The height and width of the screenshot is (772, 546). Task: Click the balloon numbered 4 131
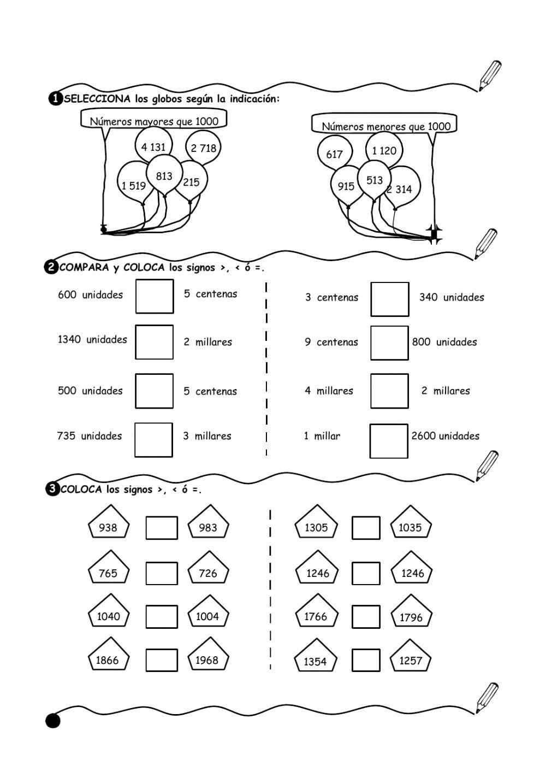pos(153,146)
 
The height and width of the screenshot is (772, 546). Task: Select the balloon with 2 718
pos(203,148)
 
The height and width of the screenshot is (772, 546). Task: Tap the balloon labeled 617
pos(334,154)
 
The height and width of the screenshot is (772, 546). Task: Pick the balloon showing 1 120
pos(384,150)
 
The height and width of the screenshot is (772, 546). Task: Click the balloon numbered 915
pos(346,186)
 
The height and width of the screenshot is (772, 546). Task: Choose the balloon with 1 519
pos(133,185)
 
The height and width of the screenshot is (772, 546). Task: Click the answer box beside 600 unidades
pos(155,296)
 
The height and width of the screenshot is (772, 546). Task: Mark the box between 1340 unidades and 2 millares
pos(155,342)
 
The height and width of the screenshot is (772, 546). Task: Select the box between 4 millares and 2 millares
pos(389,391)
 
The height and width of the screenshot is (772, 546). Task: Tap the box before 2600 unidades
pos(389,441)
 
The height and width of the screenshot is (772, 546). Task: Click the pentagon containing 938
pos(108,526)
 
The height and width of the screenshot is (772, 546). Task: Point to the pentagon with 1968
pos(207,658)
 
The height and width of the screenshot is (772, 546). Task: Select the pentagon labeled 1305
pos(316,526)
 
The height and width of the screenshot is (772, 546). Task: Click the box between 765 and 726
pos(162,574)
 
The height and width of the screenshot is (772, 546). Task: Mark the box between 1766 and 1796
pos(366,617)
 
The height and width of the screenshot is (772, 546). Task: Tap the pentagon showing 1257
pos(411,659)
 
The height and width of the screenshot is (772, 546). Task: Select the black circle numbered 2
pos(51,267)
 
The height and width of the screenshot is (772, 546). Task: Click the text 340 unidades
pos(452,297)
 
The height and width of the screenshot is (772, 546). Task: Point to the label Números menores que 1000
pos(386,126)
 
